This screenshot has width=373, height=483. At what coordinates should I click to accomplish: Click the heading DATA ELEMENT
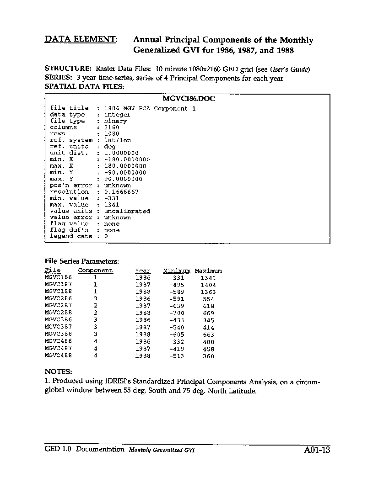pyautogui.click(x=81, y=40)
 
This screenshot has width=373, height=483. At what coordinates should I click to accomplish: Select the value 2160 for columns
pyautogui.click(x=112, y=127)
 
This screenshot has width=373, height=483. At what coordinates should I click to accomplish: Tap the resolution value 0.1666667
pyautogui.click(x=121, y=192)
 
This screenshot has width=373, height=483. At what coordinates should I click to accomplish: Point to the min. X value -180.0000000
pyautogui.click(x=127, y=159)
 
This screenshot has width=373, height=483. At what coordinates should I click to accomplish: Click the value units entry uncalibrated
pyautogui.click(x=127, y=211)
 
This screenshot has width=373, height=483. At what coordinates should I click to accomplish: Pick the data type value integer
pyautogui.click(x=117, y=115)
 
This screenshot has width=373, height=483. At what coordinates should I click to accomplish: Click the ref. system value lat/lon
pyautogui.click(x=117, y=140)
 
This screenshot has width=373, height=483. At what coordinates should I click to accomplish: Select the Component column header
pyautogui.click(x=95, y=271)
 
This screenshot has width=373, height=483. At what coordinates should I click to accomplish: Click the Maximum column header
pyautogui.click(x=208, y=271)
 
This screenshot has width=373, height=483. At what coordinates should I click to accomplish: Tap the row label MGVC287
pyautogui.click(x=58, y=306)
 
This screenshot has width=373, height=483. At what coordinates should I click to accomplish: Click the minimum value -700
pyautogui.click(x=176, y=313)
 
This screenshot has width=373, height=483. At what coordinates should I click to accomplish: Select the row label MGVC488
pyautogui.click(x=58, y=356)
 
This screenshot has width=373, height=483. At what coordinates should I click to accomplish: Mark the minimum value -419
pyautogui.click(x=176, y=349)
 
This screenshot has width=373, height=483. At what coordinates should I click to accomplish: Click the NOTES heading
pyautogui.click(x=58, y=372)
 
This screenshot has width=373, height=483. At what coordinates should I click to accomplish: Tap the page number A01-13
pyautogui.click(x=316, y=450)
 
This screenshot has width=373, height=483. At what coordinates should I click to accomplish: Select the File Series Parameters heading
pyautogui.click(x=81, y=261)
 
